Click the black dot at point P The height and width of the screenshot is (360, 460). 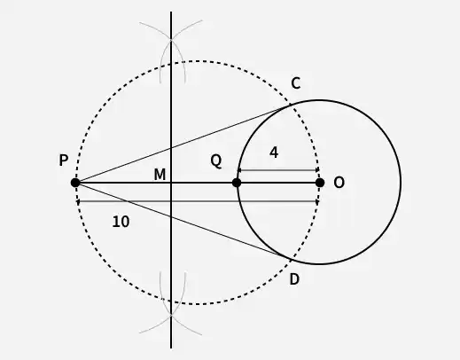tap(75, 183)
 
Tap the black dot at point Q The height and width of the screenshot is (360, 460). tap(237, 183)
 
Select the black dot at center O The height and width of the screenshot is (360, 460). tap(320, 183)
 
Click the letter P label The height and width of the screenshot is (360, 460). tap(64, 160)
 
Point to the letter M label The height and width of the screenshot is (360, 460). tap(160, 175)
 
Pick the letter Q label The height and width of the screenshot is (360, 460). tap(216, 161)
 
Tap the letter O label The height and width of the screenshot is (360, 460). tap(339, 183)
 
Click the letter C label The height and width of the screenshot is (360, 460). tap(296, 83)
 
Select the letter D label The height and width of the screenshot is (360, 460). tap(294, 279)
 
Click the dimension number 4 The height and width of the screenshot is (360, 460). tap(274, 153)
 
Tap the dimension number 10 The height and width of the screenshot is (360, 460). tap(121, 222)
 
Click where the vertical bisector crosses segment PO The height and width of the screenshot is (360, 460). tap(171, 183)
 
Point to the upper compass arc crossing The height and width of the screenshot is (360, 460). tap(171, 39)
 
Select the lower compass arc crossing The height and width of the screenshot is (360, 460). tap(171, 315)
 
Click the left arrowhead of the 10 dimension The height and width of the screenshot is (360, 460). tap(78, 201)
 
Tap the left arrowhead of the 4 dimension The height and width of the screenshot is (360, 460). tap(239, 170)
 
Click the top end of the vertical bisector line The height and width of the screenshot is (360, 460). tap(171, 12)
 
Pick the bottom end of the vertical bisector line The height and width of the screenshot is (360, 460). tap(171, 348)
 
